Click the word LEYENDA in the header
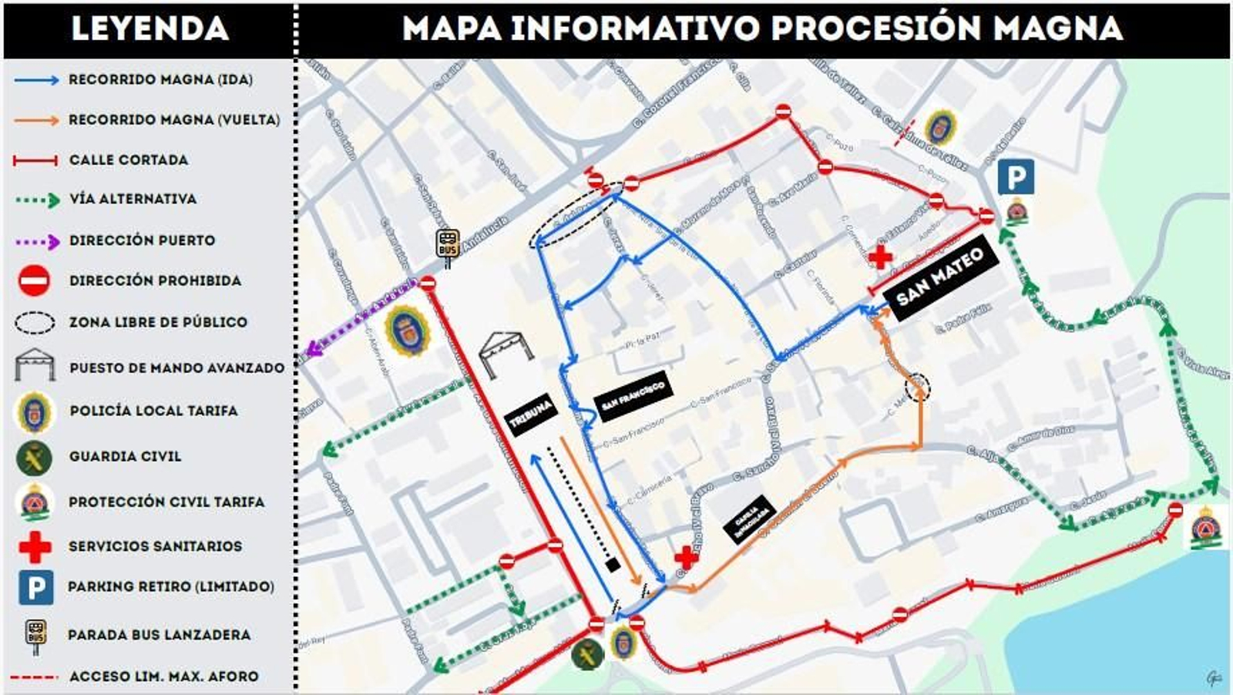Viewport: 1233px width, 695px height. (150, 29)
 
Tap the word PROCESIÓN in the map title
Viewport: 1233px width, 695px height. (875, 29)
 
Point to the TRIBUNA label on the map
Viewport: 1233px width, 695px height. (531, 413)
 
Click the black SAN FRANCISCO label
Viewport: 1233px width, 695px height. (633, 395)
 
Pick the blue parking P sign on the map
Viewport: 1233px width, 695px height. (1016, 178)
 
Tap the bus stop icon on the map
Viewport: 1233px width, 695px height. (448, 245)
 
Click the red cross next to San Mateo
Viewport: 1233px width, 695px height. (880, 257)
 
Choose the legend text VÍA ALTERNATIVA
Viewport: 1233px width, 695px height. (133, 199)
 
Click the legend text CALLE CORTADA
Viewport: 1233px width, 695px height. (129, 159)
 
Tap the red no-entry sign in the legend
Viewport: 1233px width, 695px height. (35, 280)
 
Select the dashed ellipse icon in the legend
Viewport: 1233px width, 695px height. (35, 322)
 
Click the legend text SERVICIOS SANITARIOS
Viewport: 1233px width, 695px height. (155, 546)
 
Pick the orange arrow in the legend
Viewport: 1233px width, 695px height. (36, 120)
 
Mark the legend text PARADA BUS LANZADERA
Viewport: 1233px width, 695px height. (159, 635)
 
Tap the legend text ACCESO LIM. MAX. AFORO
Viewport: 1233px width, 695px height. (163, 677)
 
